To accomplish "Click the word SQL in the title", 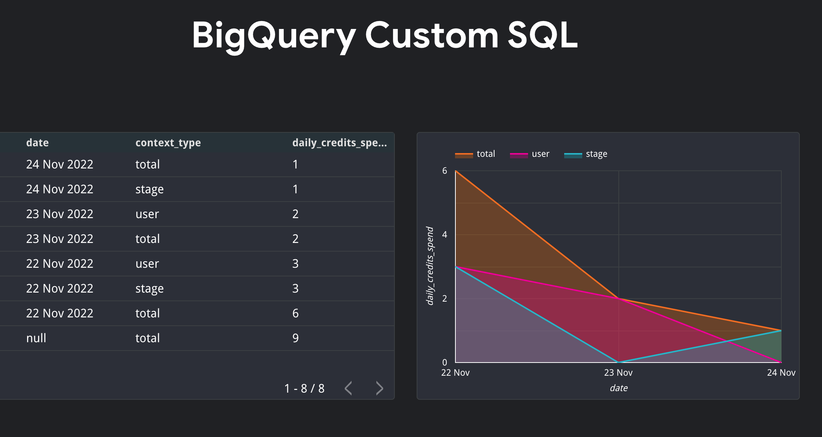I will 542,35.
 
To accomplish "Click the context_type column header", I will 168,143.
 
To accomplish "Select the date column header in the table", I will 37,143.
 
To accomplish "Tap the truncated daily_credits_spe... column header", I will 339,143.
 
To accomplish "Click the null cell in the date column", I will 36,338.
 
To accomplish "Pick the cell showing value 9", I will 295,338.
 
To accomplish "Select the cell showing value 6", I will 295,313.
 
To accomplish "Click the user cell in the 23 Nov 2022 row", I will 147,214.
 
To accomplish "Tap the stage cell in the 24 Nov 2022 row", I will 149,189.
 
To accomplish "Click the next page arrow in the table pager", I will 379,388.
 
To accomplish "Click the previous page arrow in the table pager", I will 349,388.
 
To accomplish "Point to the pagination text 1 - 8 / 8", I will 304,388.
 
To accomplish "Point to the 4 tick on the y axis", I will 444,235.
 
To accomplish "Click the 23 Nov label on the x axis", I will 618,373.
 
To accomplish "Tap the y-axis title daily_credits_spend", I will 430,266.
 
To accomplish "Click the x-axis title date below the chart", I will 618,388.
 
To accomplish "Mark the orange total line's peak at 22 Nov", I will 456,171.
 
